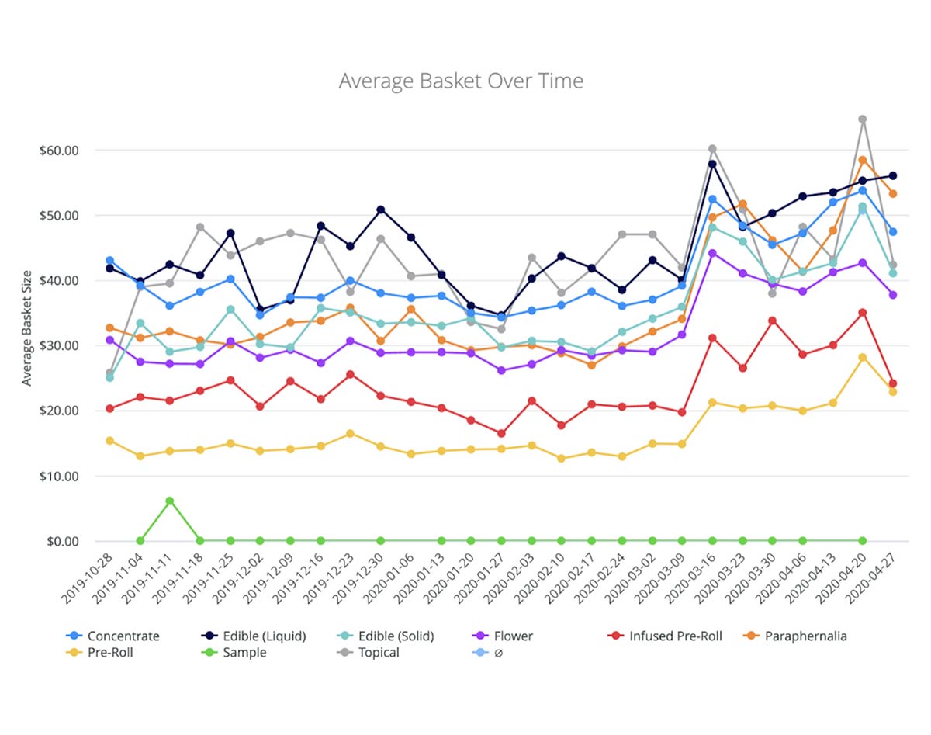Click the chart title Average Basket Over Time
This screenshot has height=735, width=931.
(461, 81)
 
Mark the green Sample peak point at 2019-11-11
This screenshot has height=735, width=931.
(170, 501)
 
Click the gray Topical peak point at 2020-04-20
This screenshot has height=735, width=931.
(862, 120)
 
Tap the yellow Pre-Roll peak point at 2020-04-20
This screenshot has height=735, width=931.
(862, 357)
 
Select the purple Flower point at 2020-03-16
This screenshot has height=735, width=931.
(712, 253)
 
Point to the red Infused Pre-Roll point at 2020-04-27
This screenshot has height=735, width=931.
(892, 383)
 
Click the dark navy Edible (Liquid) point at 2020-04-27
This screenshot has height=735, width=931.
(892, 176)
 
